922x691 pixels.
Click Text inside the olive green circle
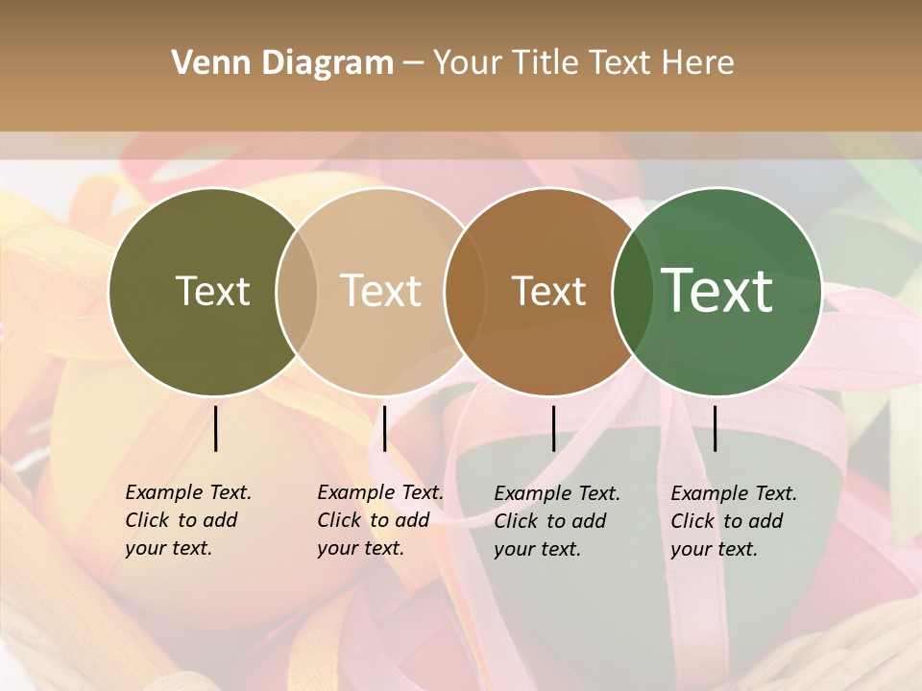(212, 291)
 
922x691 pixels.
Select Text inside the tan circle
(381, 291)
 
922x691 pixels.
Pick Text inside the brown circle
(548, 291)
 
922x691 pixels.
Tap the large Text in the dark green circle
(716, 291)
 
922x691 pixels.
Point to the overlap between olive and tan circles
(297, 292)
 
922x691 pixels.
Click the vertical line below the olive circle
(215, 428)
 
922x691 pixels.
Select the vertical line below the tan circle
(384, 428)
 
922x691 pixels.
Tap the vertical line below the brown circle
(553, 428)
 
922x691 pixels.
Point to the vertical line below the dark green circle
(716, 428)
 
